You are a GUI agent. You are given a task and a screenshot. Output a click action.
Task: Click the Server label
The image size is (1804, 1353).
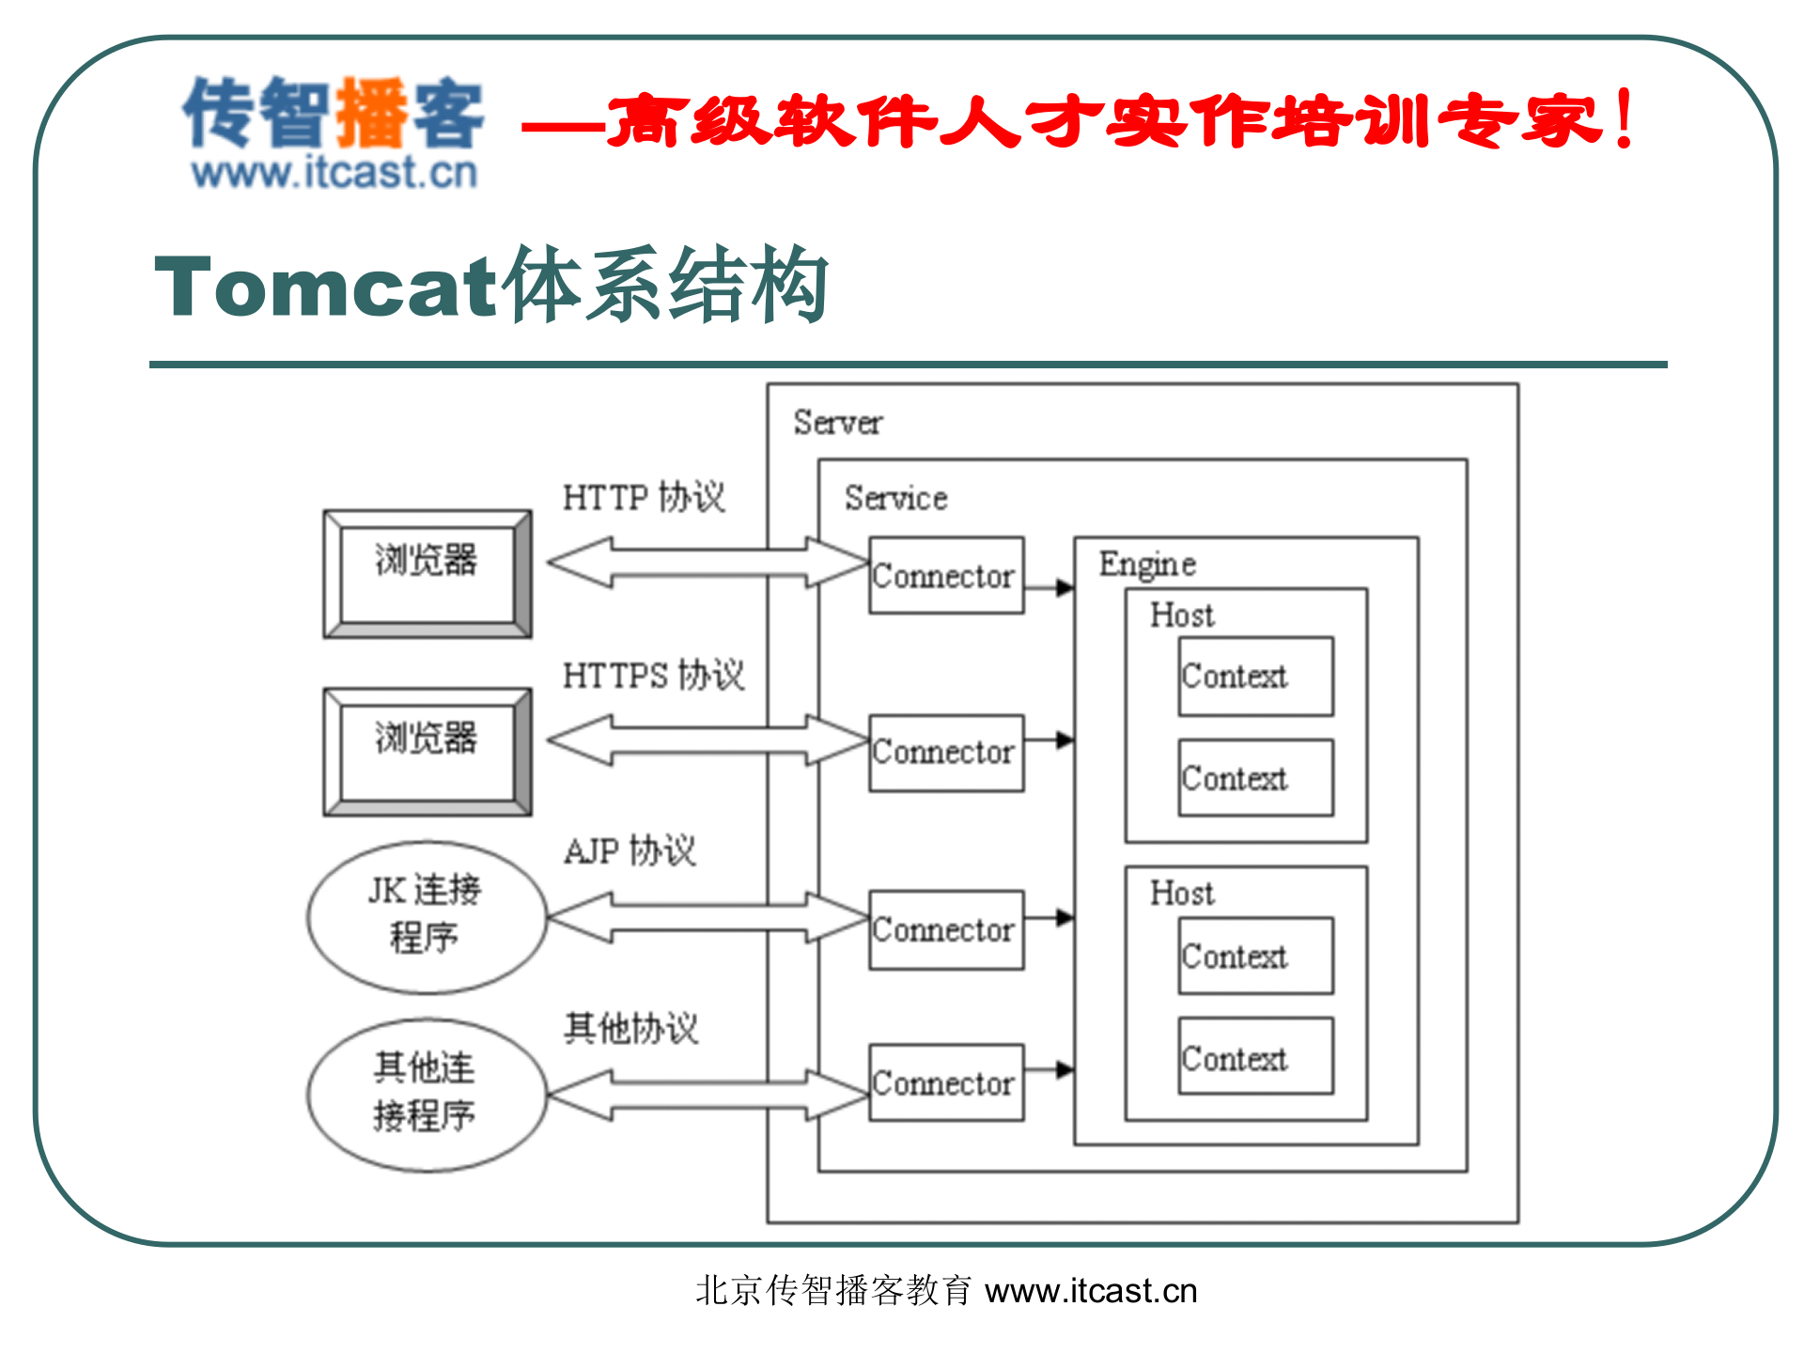coord(837,423)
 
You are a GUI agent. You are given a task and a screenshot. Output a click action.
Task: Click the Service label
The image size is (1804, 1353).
coord(895,498)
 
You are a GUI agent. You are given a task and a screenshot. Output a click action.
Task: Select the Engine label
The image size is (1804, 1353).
coord(1147,564)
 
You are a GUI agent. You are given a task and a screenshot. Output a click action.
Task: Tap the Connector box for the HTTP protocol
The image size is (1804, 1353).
coord(945,575)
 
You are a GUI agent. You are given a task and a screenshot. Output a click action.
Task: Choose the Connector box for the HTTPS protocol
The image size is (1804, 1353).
coord(945,753)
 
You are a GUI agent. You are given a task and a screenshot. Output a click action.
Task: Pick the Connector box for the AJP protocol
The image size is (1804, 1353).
coord(945,929)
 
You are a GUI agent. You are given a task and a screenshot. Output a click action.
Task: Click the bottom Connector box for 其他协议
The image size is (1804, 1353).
coord(945,1082)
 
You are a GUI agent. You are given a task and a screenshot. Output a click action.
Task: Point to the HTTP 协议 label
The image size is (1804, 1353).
coord(644,497)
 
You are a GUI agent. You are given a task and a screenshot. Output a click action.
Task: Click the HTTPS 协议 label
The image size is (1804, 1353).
coord(653,675)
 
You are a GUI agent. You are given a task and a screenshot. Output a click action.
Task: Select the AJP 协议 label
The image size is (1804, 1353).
coord(630,851)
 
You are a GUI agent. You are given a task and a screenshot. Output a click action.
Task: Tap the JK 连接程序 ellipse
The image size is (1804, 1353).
coord(426,916)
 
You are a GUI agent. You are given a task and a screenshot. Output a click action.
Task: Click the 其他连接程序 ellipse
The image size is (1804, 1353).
coord(426,1094)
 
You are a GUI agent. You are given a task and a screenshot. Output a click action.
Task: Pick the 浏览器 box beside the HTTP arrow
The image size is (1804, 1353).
coord(427,573)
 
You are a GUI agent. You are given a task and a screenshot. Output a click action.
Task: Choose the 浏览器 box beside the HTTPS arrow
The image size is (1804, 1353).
coord(427,751)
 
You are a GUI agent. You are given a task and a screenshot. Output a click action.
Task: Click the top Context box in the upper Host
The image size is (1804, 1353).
coord(1255,676)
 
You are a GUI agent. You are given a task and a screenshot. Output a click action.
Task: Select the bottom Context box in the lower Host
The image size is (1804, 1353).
coord(1255,1056)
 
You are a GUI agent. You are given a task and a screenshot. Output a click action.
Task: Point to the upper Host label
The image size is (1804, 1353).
coord(1182,615)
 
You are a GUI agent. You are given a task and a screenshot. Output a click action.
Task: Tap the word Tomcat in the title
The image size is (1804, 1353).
coord(324,287)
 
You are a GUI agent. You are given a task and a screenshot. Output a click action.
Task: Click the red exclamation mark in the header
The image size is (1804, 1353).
coord(1624,119)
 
